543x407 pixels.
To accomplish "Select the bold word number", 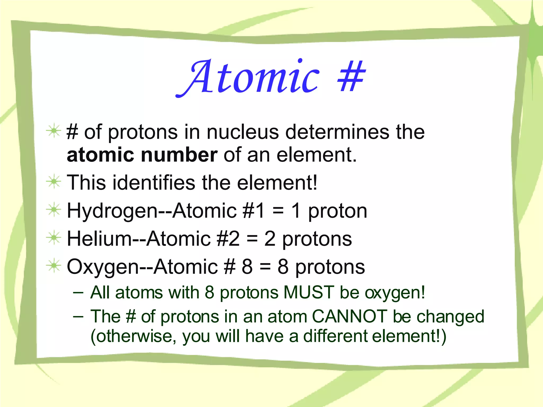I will [179, 155].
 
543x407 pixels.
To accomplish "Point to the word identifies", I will [154, 183].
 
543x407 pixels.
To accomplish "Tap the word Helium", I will [99, 239].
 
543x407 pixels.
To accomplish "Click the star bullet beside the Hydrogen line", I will [54, 210].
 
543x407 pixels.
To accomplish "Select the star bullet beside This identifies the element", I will [54, 182].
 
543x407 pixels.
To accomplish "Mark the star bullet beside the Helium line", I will [54, 238].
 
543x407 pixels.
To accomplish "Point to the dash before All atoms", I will [78, 293].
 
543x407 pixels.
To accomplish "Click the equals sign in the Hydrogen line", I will [278, 211].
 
